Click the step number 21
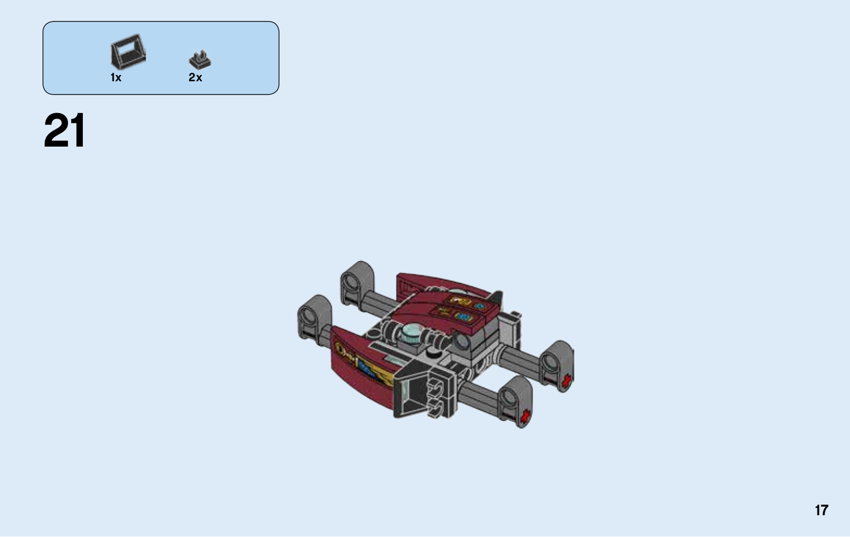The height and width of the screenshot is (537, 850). [x=64, y=130]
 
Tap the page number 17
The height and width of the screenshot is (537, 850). [x=821, y=510]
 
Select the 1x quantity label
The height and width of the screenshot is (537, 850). [x=116, y=78]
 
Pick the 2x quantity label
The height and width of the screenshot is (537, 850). [x=195, y=78]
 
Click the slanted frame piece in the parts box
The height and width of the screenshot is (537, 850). [x=128, y=51]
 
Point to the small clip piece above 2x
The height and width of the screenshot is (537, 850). [x=200, y=60]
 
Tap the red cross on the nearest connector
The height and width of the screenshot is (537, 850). [x=525, y=417]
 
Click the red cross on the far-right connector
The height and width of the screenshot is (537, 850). [x=566, y=381]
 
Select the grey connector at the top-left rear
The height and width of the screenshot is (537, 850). [x=356, y=282]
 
